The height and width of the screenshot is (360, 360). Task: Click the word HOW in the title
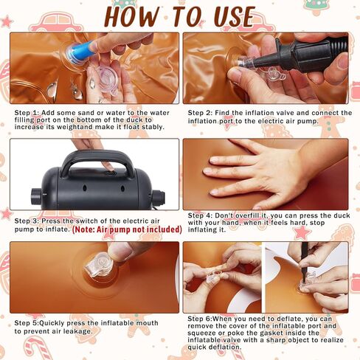(132, 17)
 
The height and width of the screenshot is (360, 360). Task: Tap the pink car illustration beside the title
(58, 23)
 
